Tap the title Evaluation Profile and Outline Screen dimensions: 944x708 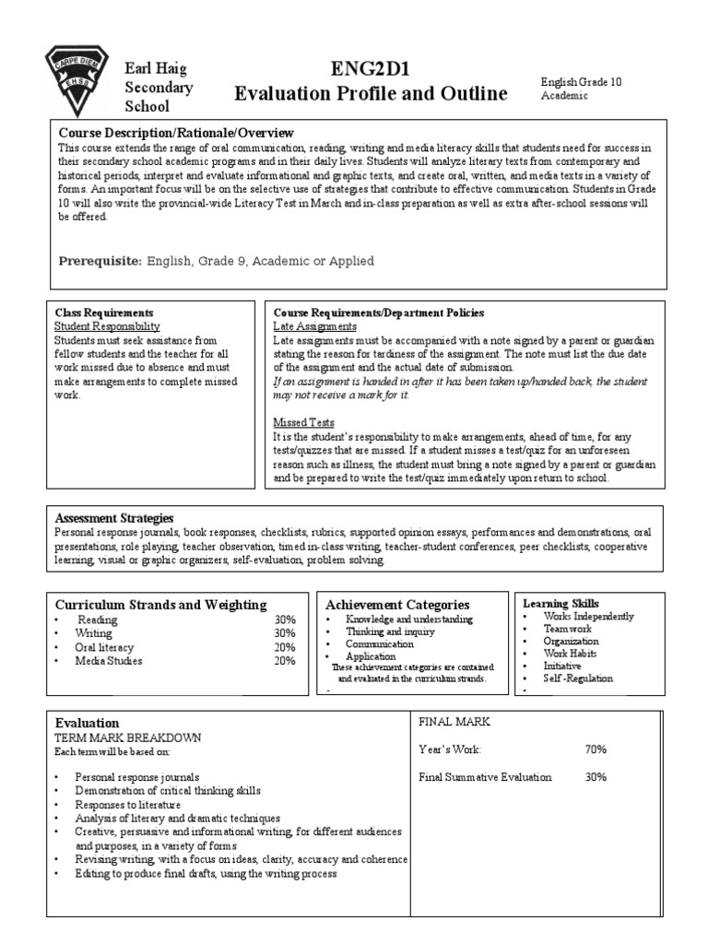point(371,93)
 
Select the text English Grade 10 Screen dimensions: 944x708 point(581,82)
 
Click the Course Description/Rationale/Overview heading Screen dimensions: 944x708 point(175,133)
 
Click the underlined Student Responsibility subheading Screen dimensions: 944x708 point(107,326)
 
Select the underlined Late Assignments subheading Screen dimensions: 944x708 point(314,326)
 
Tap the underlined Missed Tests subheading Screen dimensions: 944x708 point(304,421)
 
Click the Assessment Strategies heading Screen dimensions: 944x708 point(114,518)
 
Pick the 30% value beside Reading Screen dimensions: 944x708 point(284,619)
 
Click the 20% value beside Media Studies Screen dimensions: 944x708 point(284,661)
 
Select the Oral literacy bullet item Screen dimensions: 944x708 point(104,647)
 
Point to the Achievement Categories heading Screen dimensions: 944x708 point(397,605)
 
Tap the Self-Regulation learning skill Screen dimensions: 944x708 point(577,678)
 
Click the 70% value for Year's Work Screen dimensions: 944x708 point(596,749)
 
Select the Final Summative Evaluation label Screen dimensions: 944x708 point(485,777)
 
